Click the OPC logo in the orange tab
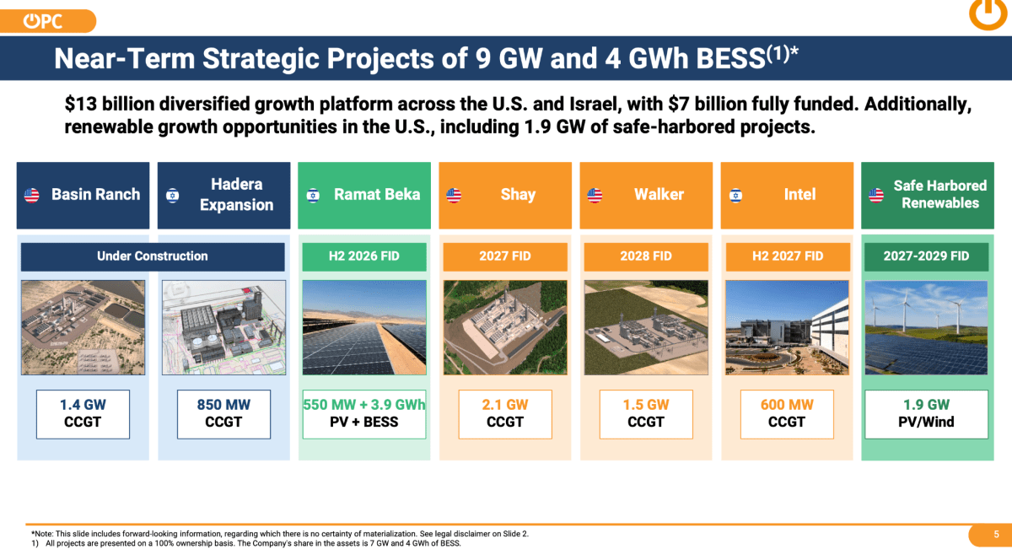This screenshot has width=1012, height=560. point(43,21)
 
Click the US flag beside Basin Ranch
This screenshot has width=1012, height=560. point(32,196)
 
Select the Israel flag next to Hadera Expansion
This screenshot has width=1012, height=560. point(173,196)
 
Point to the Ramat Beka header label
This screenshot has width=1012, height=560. point(377,194)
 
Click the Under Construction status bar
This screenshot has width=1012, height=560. point(153,256)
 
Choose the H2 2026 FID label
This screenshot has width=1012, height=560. point(364,256)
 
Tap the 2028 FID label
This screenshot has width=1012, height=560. point(646,256)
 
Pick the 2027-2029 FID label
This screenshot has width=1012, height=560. point(926,256)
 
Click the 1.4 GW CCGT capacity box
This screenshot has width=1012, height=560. point(83,414)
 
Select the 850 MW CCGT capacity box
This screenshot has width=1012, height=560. point(223,414)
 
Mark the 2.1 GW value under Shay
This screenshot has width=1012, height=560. point(504,405)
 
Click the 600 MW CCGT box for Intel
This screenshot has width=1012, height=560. point(787,414)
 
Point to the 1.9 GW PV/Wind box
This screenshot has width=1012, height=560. point(926,414)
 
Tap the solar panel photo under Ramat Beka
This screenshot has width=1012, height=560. point(364,327)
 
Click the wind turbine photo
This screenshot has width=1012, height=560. point(926,327)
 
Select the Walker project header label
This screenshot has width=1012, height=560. point(659,194)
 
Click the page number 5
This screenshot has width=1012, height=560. point(996,534)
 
